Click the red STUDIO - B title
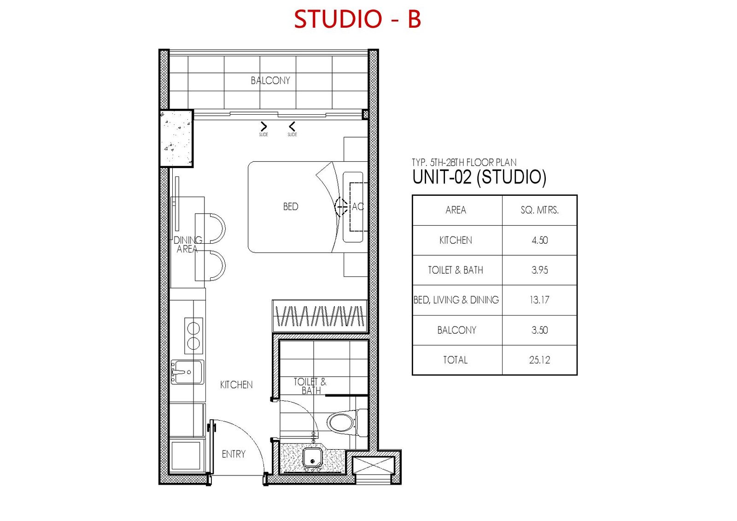(357, 19)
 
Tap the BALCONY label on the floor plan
(270, 80)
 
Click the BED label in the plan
(291, 206)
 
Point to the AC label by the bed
(357, 206)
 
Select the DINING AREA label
(187, 244)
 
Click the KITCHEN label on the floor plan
(236, 384)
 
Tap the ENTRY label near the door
(234, 454)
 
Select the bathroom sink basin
(312, 457)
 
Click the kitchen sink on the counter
(187, 372)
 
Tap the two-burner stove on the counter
(193, 336)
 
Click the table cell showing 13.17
(539, 300)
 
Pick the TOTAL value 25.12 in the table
(539, 360)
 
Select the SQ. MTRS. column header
(539, 210)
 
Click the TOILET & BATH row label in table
(456, 270)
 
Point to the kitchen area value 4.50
(539, 240)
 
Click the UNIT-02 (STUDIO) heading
(479, 177)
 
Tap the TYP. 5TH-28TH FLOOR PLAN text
(464, 162)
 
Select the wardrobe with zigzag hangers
(320, 316)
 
